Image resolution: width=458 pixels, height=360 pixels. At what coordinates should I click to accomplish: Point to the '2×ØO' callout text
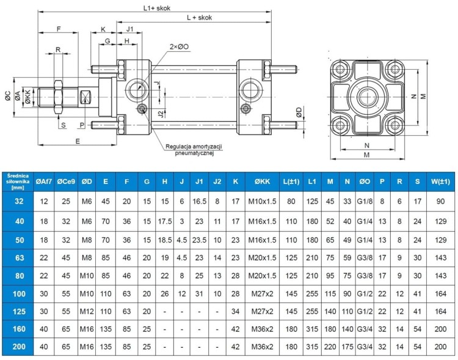pos(180,46)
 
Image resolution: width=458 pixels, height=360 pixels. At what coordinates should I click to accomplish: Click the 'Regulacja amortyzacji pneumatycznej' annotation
pos(194,150)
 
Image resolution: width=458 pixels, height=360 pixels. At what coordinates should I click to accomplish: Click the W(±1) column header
pos(440,181)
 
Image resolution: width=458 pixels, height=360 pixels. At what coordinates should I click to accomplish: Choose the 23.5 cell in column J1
pos(199,240)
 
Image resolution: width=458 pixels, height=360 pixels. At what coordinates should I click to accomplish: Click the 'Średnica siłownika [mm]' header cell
pos(18,181)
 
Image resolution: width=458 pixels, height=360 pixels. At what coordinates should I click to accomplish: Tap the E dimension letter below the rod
pos(77,141)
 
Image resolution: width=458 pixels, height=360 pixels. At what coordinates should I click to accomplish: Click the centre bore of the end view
pos(367,97)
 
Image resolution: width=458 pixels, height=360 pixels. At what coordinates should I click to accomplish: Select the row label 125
pos(18,312)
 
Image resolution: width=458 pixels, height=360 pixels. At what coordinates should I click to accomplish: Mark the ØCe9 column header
pos(65,181)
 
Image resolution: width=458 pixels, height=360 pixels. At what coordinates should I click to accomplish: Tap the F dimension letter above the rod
pos(59,29)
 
